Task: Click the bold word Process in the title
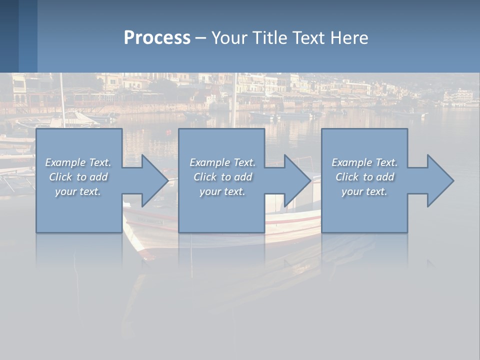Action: [157, 38]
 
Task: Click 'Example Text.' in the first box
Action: [78, 162]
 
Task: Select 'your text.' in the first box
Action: [78, 191]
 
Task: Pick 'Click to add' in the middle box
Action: [222, 177]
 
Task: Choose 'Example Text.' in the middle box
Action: [222, 162]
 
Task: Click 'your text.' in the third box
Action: [364, 191]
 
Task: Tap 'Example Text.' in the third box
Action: [364, 162]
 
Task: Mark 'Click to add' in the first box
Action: [78, 177]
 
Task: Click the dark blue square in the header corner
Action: [9, 36]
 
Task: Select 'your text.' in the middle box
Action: [222, 191]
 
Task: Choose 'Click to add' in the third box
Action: [364, 177]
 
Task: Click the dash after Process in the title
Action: [200, 38]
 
